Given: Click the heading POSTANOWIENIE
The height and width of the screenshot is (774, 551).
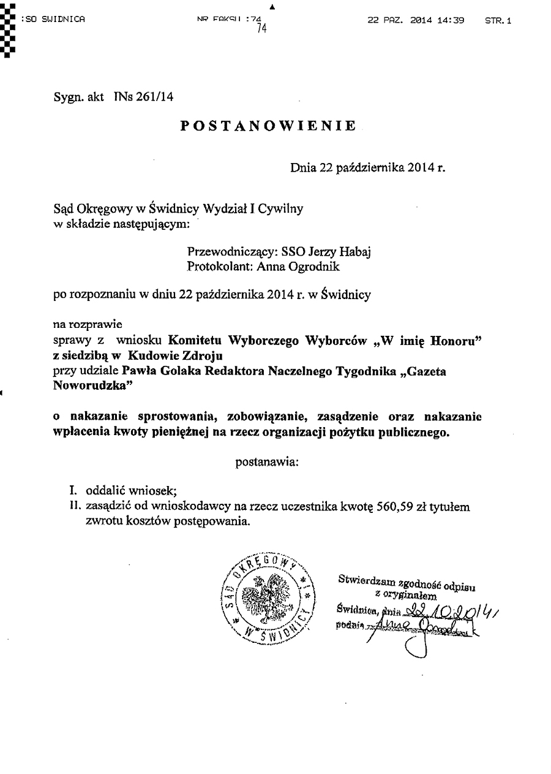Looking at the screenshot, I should point(269,126).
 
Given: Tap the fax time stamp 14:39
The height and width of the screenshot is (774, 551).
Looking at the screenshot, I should point(451,20).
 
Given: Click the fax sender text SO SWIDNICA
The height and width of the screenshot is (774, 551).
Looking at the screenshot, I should point(54,20).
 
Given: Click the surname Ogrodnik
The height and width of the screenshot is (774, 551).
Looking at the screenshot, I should point(318,267).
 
